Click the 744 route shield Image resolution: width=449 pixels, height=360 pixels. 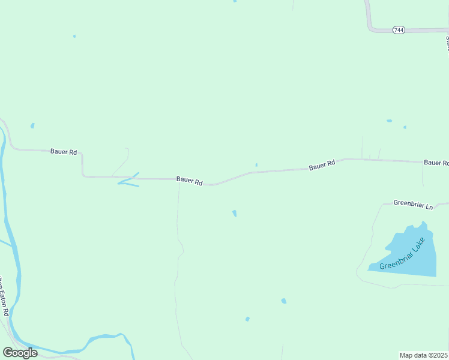click(399, 29)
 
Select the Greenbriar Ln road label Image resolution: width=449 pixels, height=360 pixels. click(413, 205)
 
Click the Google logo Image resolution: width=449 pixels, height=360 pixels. click(20, 352)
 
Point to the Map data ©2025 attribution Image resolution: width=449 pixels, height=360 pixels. click(424, 355)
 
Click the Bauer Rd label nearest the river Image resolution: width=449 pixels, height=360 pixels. click(64, 152)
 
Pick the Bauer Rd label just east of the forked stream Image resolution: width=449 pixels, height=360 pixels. click(189, 181)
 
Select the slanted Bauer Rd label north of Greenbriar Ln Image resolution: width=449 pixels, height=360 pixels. click(322, 165)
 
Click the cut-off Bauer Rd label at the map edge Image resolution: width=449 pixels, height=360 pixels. click(436, 163)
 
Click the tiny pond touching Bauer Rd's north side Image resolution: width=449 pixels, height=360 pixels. click(256, 165)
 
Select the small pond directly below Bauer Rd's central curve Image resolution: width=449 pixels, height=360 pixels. click(234, 213)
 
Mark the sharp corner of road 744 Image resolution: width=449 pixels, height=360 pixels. click(370, 28)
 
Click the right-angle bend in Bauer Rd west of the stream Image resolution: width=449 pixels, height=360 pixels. click(83, 175)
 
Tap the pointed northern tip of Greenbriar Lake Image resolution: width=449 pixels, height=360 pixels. click(423, 223)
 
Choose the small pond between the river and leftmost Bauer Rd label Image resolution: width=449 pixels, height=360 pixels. click(32, 126)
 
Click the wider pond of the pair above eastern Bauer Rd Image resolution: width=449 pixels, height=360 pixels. click(389, 121)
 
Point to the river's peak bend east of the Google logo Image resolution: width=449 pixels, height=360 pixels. click(122, 335)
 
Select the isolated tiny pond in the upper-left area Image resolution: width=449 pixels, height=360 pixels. click(74, 36)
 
